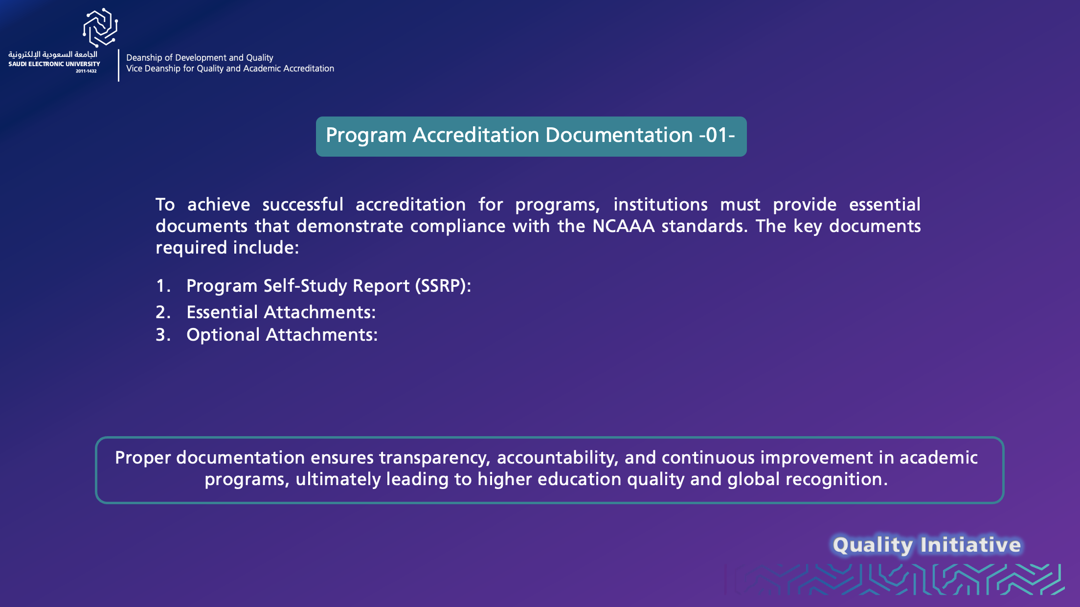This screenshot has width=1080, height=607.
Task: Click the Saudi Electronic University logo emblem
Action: tap(100, 27)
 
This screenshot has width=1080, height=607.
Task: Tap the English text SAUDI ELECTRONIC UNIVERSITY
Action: tap(54, 64)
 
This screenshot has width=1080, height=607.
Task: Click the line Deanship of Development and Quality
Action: tap(200, 58)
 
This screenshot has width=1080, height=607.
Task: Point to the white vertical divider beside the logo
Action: tap(118, 65)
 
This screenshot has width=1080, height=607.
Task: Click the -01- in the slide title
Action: tap(717, 135)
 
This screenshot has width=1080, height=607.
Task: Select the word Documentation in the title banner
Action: tap(619, 135)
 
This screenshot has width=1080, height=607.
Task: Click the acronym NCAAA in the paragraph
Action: tap(623, 226)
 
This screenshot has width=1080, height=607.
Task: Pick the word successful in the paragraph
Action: tap(303, 205)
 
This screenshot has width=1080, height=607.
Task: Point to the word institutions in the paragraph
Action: tap(660, 205)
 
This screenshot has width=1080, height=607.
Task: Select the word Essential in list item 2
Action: tap(222, 312)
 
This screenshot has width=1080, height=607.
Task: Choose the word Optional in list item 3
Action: tap(223, 335)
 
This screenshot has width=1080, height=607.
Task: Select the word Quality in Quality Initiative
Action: tap(873, 545)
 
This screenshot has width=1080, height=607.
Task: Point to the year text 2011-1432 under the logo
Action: tap(86, 71)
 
